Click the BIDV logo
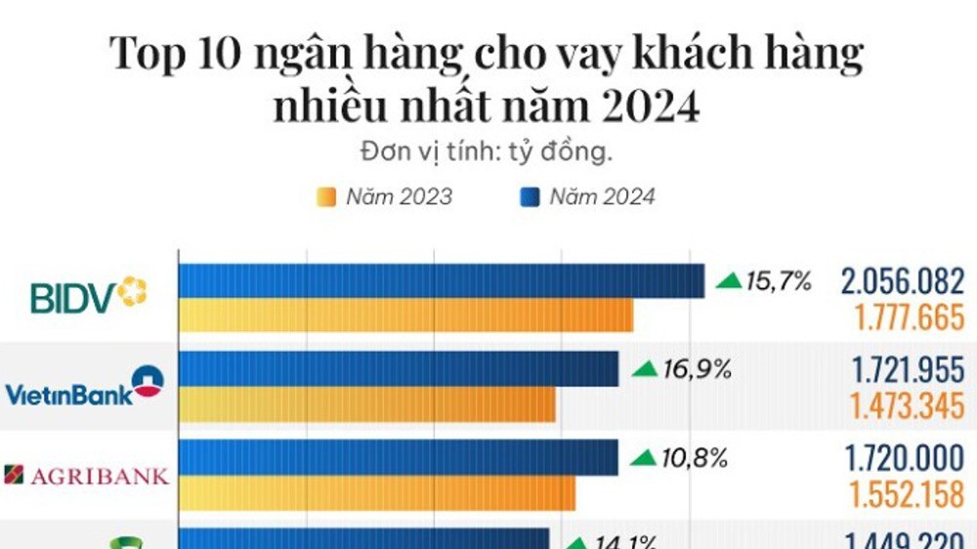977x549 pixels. point(88,296)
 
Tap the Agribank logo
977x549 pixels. point(87,476)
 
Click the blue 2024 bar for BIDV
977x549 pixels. point(441,280)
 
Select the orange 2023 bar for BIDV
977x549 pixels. point(405,316)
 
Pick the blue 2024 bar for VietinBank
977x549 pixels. point(399,369)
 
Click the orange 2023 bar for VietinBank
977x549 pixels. point(366,404)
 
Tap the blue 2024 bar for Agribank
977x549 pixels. point(399,457)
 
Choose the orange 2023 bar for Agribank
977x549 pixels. point(376,493)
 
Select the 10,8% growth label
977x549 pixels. point(680,457)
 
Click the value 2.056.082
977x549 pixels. point(902,282)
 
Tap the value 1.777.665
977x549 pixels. point(909,317)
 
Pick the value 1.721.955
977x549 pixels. point(908,370)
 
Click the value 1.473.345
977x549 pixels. point(908,405)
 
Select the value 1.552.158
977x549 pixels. point(908,494)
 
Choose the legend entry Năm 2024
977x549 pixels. point(588,197)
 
